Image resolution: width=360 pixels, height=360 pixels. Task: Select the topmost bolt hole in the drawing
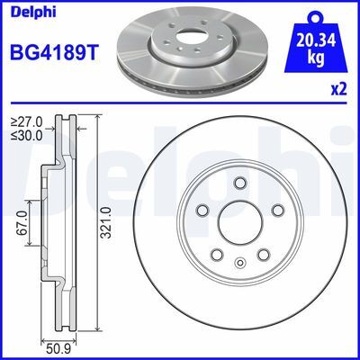point(239,184)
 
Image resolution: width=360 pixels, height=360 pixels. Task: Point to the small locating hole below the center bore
point(239,263)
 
